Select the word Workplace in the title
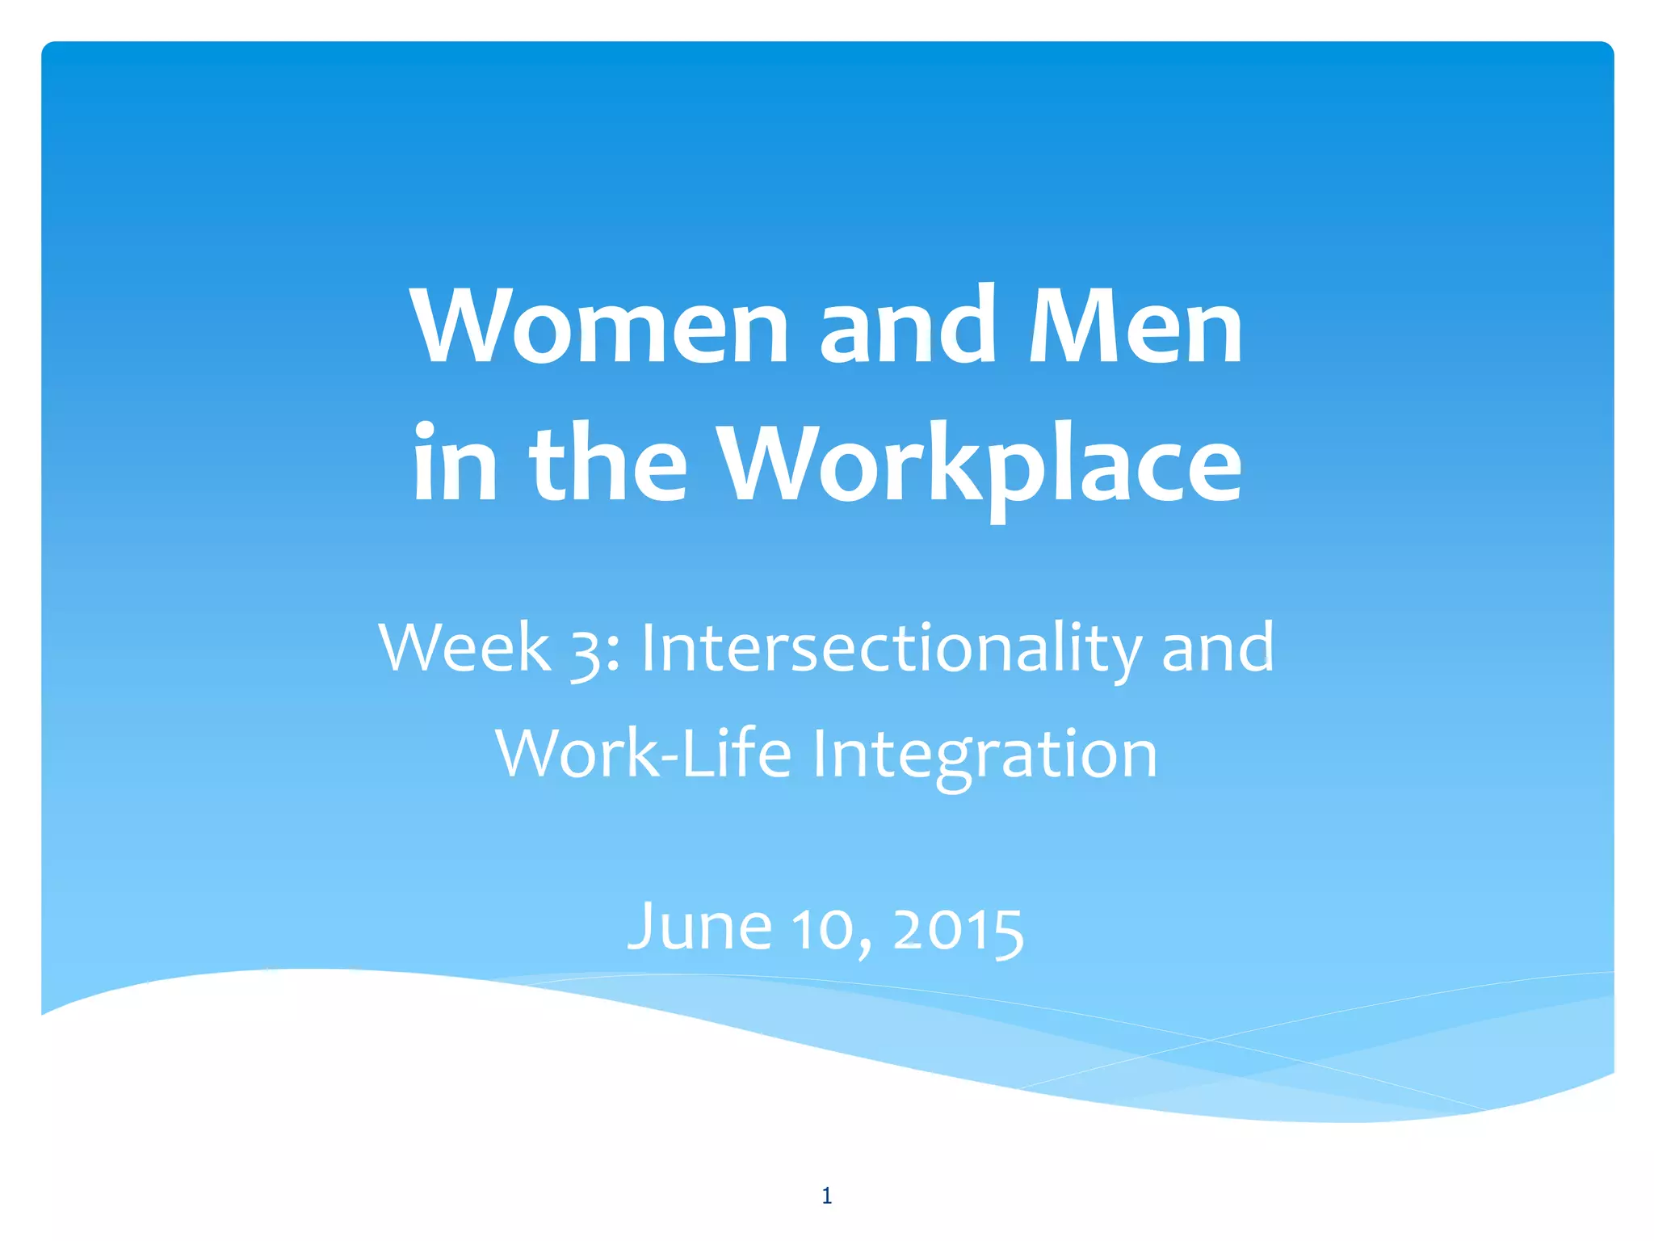(x=980, y=465)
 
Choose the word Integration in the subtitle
(x=984, y=755)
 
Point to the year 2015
(x=959, y=929)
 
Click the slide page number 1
(x=826, y=1196)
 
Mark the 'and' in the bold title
(x=909, y=327)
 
